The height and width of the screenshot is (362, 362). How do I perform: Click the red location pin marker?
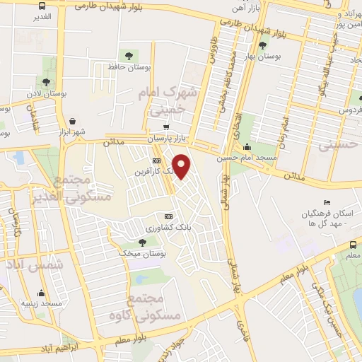(182, 166)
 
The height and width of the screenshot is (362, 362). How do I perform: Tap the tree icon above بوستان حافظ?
(129, 55)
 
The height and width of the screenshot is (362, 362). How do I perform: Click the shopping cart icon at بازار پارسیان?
(166, 128)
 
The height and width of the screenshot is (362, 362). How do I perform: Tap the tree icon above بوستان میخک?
(141, 242)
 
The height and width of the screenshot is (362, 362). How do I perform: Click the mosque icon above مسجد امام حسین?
(247, 147)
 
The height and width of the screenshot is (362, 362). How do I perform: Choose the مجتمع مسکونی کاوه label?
(156, 305)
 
